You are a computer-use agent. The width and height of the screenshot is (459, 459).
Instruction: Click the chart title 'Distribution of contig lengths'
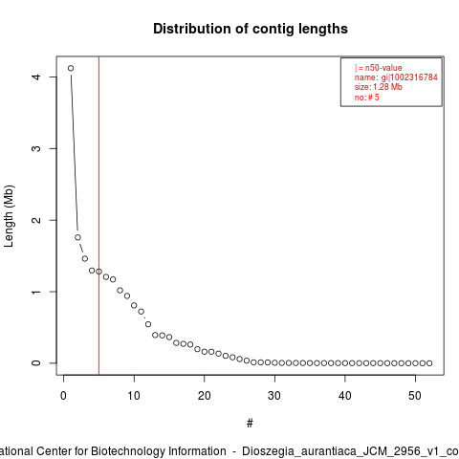(251, 29)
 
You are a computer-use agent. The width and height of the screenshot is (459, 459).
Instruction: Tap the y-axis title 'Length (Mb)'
(9, 216)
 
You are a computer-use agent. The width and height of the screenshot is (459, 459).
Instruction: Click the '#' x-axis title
(250, 424)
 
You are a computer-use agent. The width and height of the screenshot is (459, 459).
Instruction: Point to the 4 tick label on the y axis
(36, 76)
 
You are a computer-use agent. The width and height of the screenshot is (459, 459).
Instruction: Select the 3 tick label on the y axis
(36, 148)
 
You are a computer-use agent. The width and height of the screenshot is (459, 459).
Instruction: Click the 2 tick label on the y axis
(36, 220)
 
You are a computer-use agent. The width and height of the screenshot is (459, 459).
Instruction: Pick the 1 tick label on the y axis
(36, 292)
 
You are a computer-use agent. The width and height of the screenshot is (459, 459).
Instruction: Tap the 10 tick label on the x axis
(134, 396)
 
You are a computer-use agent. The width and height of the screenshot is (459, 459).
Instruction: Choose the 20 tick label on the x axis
(205, 396)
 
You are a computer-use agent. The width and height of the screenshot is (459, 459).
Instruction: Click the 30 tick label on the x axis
(274, 396)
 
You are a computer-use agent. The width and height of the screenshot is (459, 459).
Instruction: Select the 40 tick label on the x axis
(345, 396)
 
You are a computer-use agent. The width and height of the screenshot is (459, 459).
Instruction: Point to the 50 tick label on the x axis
(415, 396)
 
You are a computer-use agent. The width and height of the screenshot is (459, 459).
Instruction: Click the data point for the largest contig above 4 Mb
(71, 68)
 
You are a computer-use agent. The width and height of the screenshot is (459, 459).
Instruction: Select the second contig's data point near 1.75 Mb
(77, 237)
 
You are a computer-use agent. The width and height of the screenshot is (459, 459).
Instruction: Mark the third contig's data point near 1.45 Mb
(85, 258)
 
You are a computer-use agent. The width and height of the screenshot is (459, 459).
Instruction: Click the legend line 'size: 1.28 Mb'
(379, 87)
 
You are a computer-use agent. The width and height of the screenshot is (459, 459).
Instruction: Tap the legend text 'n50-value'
(383, 68)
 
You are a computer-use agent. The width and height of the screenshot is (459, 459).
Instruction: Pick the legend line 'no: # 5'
(367, 98)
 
